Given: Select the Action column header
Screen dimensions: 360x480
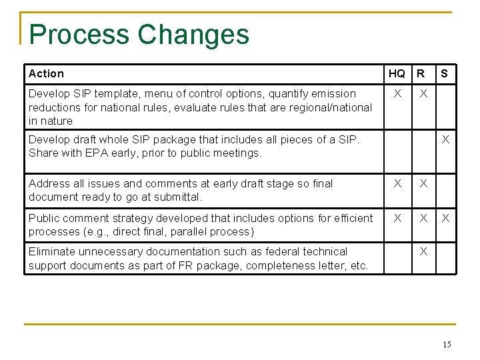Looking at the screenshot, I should [47, 73].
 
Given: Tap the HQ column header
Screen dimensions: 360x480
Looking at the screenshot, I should [397, 73].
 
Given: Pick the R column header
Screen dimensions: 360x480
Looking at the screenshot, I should [421, 73].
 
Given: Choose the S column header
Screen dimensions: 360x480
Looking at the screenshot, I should [445, 73].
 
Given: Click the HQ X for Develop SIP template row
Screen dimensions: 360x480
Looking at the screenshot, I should [397, 94].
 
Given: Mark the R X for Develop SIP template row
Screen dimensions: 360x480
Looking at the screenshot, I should [421, 94].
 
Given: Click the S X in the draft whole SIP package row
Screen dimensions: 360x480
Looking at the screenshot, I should [445, 140].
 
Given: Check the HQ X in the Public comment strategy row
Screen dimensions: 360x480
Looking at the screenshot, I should [397, 219].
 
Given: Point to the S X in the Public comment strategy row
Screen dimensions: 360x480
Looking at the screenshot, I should [445, 219].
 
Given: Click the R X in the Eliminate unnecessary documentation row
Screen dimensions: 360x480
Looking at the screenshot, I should [421, 252].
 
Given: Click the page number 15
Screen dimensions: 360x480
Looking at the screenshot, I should [447, 345].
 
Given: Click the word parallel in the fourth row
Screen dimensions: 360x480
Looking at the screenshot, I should [185, 231].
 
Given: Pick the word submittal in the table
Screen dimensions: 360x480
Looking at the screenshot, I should [177, 197].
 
